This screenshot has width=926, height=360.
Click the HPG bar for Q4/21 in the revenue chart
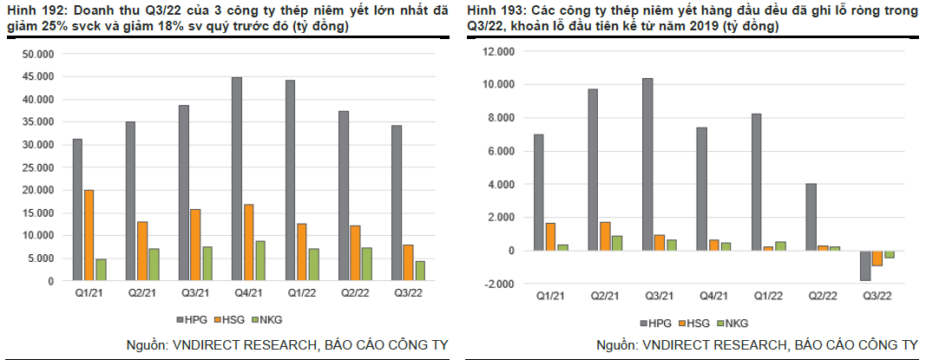tap(236, 179)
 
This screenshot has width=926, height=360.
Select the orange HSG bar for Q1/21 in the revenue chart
tap(89, 235)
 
